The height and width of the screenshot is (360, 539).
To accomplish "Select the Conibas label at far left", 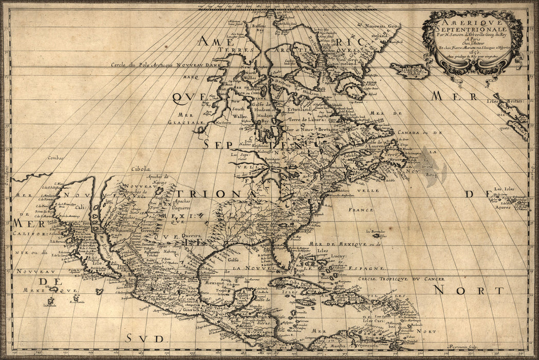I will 57,158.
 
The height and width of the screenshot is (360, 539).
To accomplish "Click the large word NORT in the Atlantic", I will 468,291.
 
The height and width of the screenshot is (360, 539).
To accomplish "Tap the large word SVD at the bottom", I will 144,338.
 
